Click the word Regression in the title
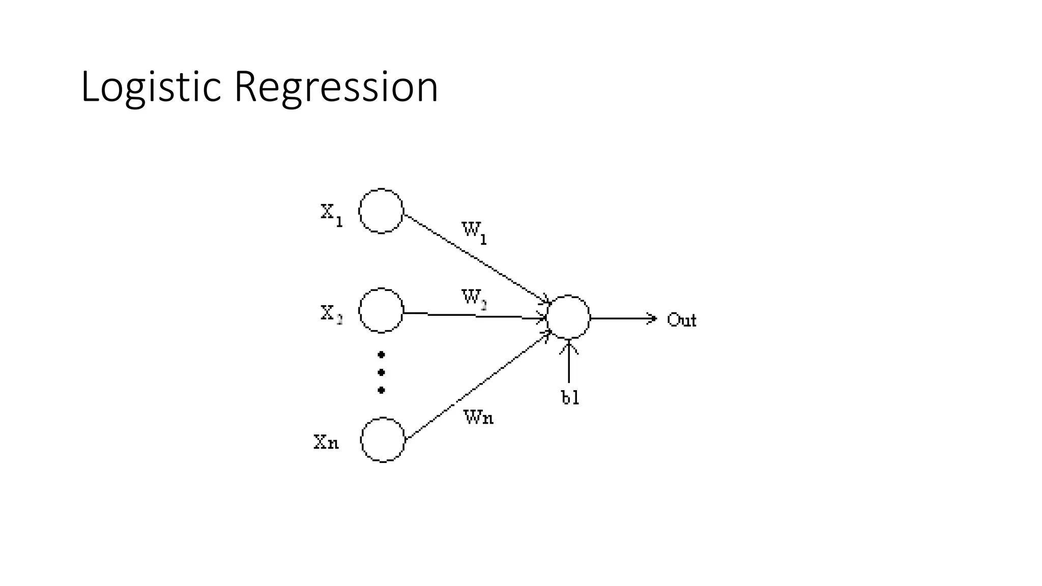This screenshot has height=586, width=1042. tap(336, 87)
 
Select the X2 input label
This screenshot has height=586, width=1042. tap(331, 313)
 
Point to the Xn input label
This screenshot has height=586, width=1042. tap(326, 442)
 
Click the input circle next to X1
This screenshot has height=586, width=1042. tap(381, 211)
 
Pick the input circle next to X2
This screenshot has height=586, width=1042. tap(381, 310)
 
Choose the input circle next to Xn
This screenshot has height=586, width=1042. tap(383, 439)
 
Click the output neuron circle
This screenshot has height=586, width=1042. tap(568, 317)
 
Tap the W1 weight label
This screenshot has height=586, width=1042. tap(474, 232)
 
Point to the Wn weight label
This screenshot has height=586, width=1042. tap(478, 418)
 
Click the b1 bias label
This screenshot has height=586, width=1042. tap(570, 398)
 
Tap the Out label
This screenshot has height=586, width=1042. tap(681, 320)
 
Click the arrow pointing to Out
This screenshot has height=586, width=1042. tap(623, 318)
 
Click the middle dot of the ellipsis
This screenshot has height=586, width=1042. tap(381, 372)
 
